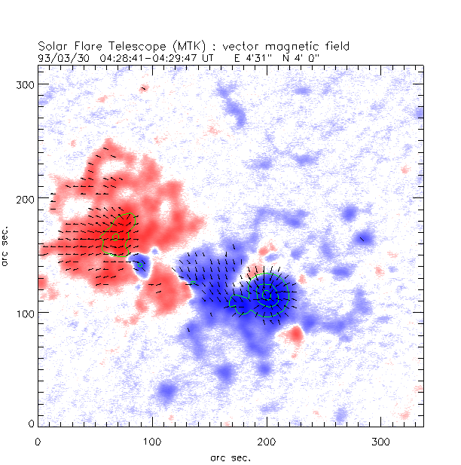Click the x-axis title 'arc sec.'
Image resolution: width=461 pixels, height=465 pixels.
(x=230, y=457)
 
